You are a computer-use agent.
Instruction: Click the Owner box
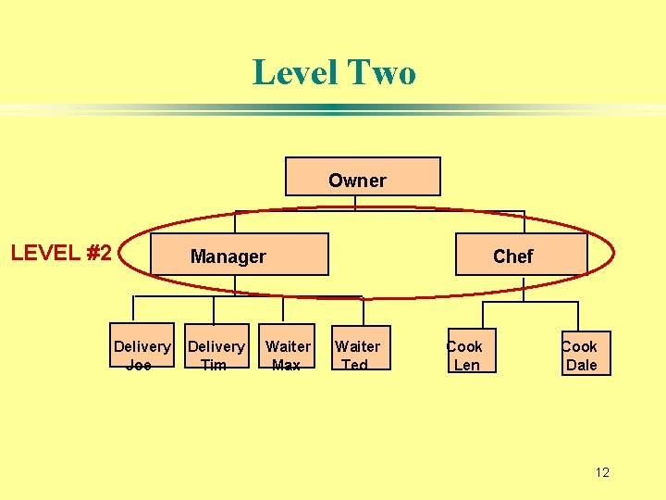pos(363,177)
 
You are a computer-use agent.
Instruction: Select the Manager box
pos(228,255)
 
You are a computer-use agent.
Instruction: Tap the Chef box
pos(521,255)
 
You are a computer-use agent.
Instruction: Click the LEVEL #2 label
pos(61,253)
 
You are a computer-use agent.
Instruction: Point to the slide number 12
pos(602,472)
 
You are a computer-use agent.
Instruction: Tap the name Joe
pos(139,365)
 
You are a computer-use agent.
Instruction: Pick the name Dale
pos(582,365)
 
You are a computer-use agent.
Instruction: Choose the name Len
pos(467,365)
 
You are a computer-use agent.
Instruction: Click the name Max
pos(287,365)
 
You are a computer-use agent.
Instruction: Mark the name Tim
pos(214,365)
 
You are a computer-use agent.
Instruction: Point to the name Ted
pos(355,365)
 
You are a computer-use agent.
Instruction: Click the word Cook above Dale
pos(580,346)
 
